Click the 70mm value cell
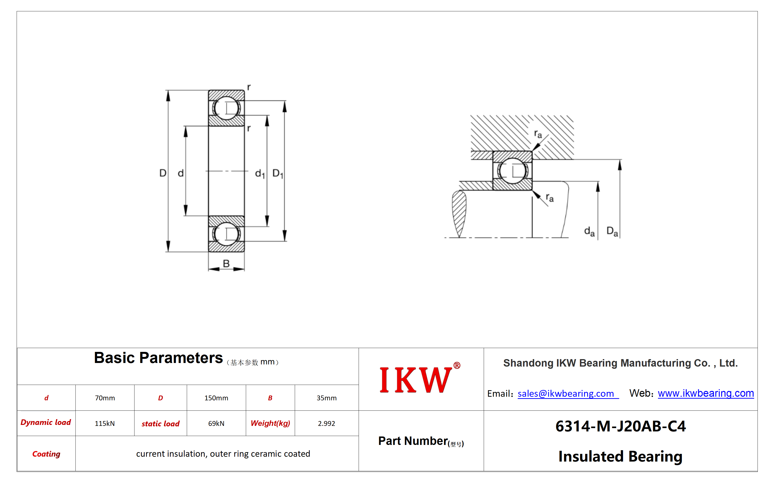105,398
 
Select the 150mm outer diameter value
216,398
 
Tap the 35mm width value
326,398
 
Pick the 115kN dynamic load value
105,423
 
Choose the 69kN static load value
216,423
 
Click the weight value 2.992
326,423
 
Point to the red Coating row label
46,454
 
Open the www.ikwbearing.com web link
706,393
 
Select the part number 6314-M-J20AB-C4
620,426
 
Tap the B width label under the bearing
226,263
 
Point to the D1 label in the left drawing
278,174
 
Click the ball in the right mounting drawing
512,171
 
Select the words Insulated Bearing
620,456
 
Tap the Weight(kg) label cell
270,423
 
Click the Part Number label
421,441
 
